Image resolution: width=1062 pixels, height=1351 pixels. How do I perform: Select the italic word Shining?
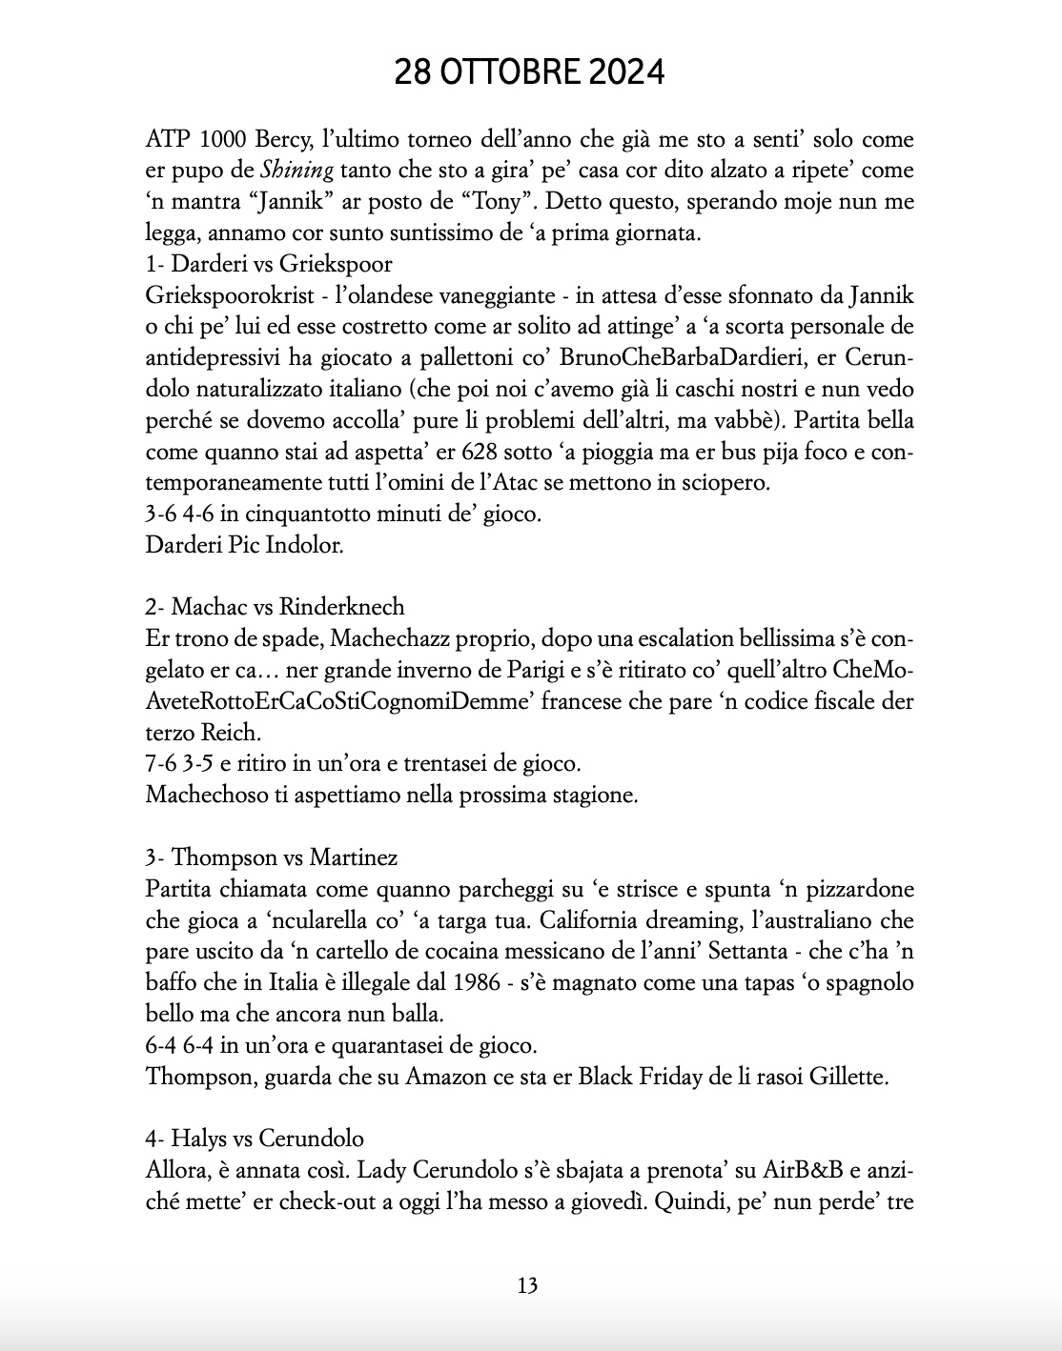click(x=297, y=171)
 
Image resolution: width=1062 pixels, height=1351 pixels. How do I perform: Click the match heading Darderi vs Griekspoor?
click(x=269, y=264)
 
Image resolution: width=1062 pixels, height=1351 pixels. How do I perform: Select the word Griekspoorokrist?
click(x=220, y=295)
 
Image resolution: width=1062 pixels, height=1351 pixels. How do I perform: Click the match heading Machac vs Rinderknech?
click(x=275, y=607)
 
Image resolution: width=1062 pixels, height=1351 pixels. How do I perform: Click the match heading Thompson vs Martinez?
click(x=272, y=857)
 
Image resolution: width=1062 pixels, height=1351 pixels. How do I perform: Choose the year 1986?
click(x=476, y=982)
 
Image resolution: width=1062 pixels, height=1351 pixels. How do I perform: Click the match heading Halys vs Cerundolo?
click(x=255, y=1139)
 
